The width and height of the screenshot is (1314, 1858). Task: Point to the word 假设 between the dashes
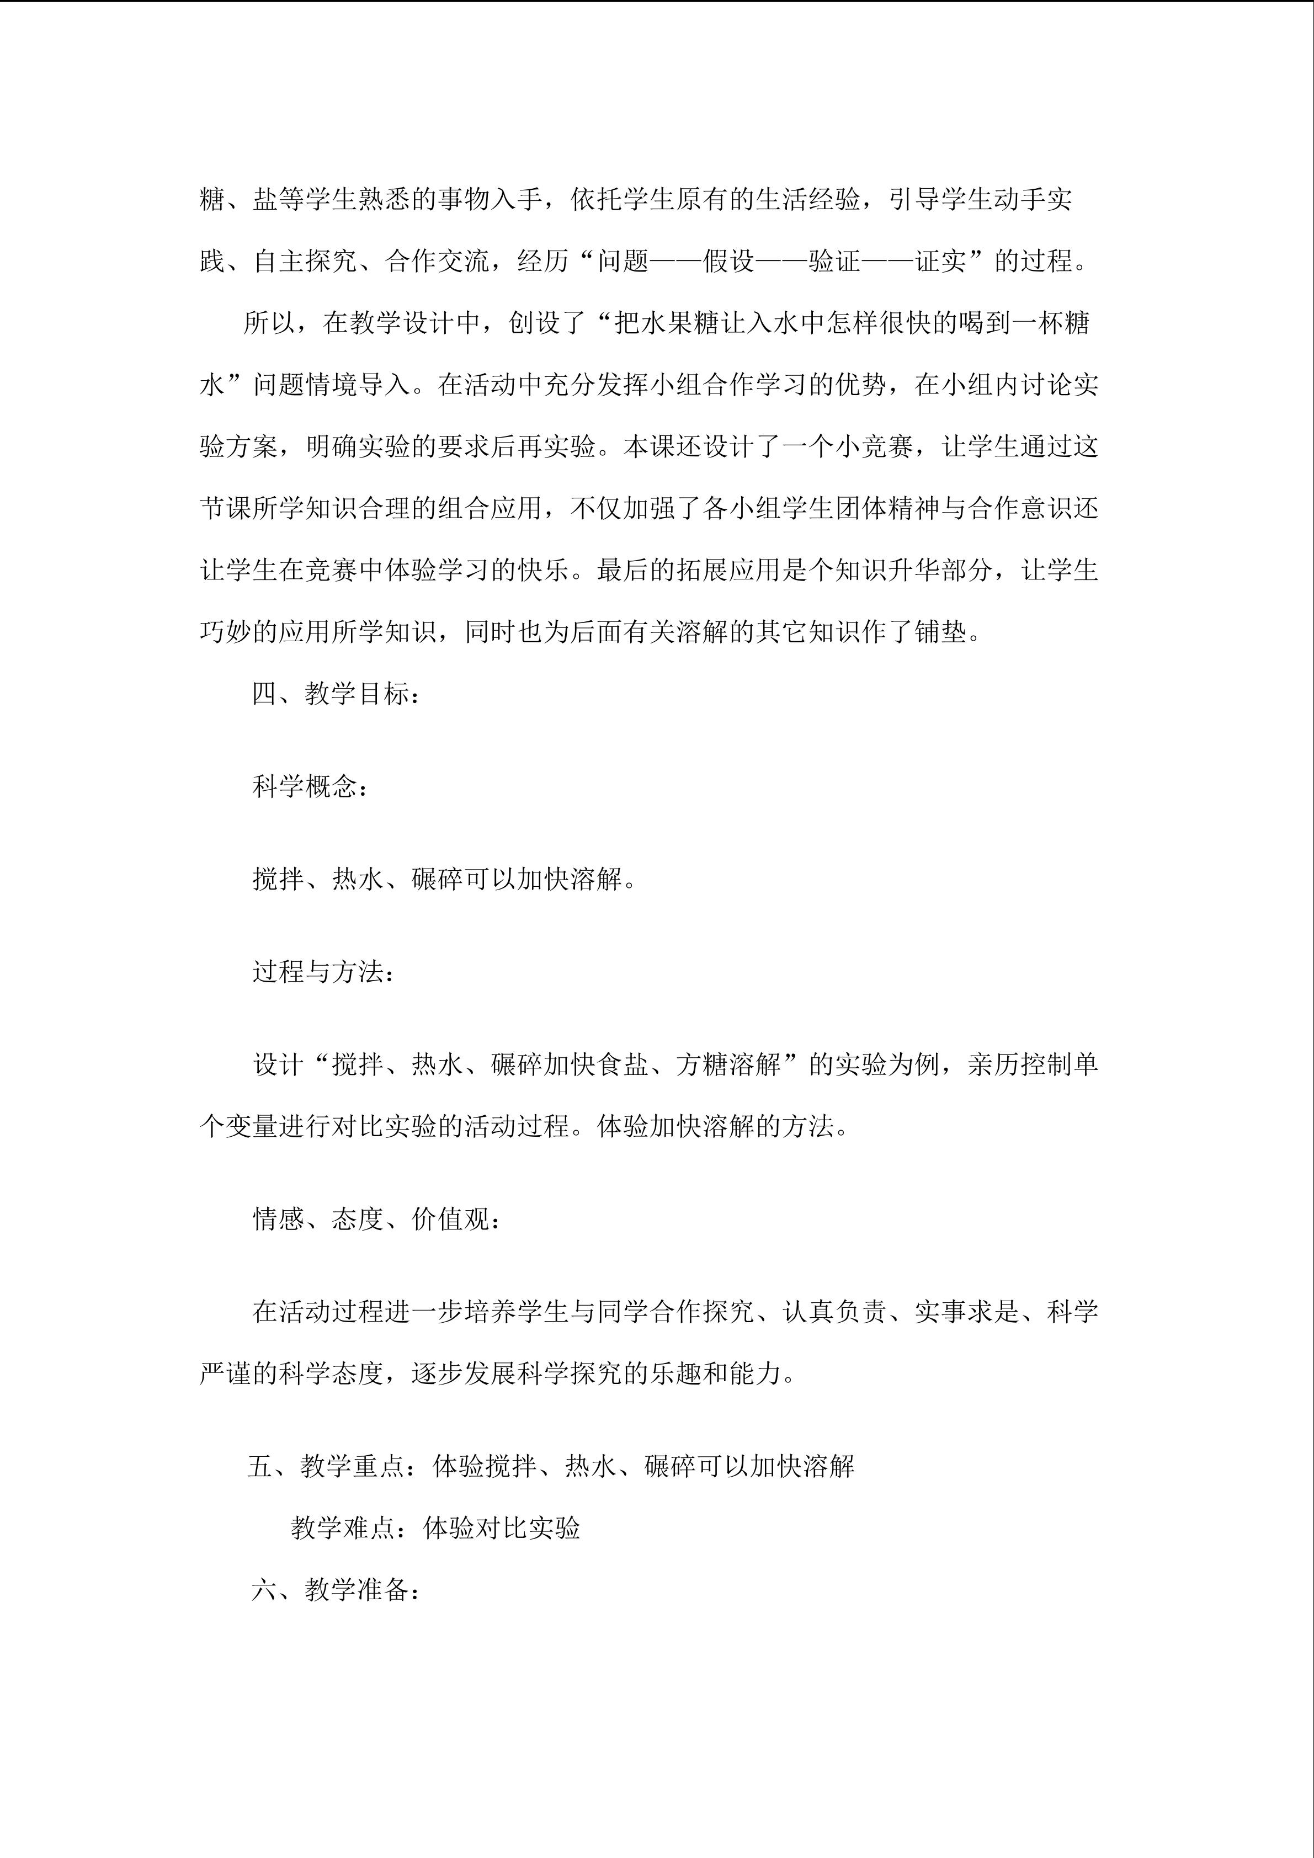click(728, 260)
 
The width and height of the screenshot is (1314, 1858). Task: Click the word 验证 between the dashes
click(834, 260)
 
